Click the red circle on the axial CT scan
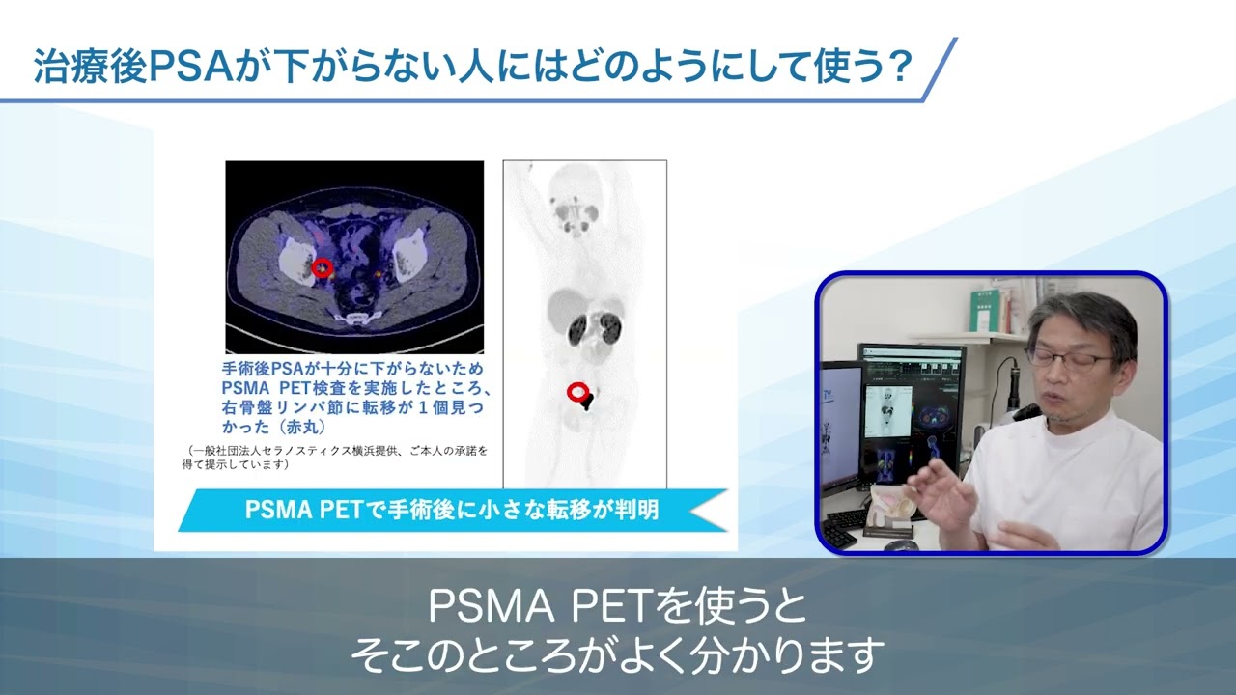click(x=323, y=267)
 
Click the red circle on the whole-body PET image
click(x=577, y=391)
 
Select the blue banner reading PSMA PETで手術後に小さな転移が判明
click(x=452, y=510)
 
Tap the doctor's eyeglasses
click(x=1072, y=359)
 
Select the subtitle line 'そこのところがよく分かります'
click(x=617, y=656)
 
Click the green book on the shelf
click(x=986, y=310)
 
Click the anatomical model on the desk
click(x=893, y=512)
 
